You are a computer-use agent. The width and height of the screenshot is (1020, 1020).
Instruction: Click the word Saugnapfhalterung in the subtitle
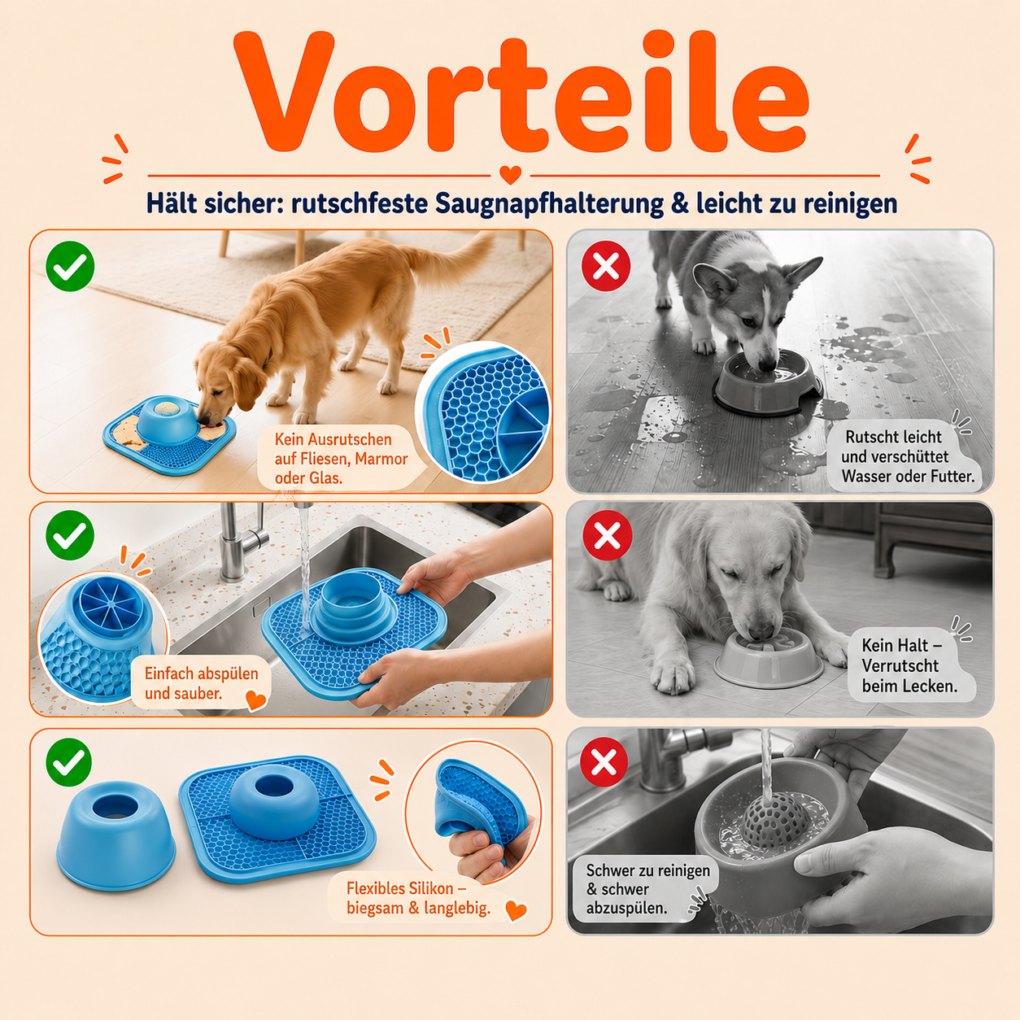[549, 204]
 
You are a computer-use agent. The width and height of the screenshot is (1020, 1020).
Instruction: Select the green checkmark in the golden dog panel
[70, 266]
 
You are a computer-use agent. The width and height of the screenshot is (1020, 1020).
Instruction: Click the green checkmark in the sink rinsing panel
[70, 535]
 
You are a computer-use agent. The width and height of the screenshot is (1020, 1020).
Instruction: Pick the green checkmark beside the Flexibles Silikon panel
[69, 763]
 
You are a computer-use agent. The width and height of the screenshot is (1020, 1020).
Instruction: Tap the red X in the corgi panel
[606, 265]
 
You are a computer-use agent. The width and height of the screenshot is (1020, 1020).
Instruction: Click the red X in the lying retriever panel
[607, 535]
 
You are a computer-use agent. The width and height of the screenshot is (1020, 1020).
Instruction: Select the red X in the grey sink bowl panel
[605, 762]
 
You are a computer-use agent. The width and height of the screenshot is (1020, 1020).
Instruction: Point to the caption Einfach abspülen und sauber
[201, 682]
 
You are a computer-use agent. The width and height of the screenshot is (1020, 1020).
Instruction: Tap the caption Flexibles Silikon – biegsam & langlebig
[418, 898]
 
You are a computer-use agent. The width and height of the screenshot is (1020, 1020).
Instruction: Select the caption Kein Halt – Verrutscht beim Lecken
[909, 665]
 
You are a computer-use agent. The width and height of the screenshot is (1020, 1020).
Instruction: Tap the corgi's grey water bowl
[768, 382]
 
